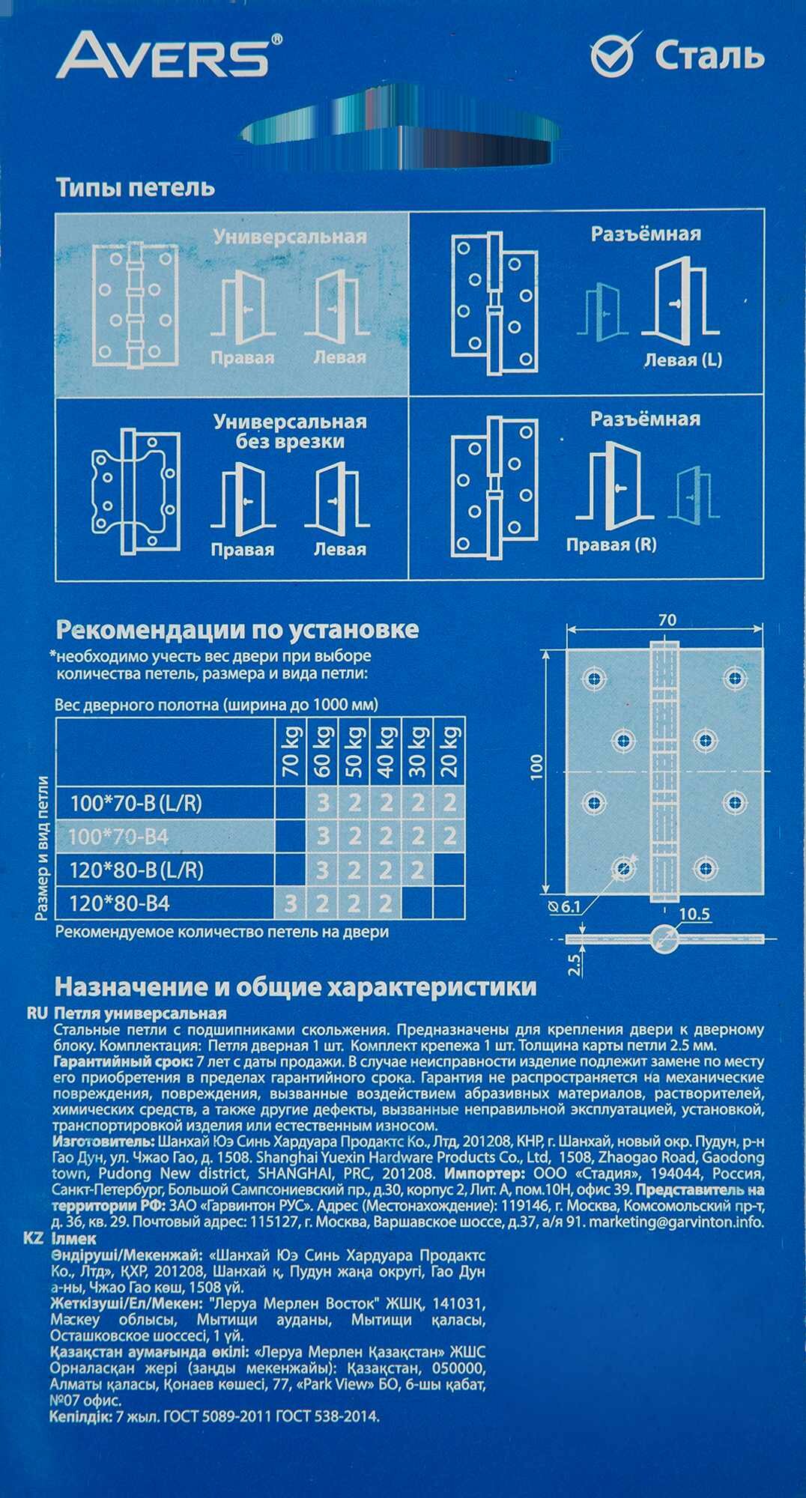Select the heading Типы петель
pos(136,187)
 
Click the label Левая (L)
pos(682,360)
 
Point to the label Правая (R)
pos(610,545)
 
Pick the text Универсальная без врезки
pos(290,431)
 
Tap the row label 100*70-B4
pos(118,837)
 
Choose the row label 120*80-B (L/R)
pos(136,870)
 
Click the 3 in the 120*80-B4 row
pos(291,903)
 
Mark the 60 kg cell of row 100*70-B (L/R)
pos(323,804)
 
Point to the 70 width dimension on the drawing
pos(667,620)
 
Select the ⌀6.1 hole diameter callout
pos(566,907)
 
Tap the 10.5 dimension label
pos(694,915)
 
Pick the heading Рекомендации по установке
pos(237,629)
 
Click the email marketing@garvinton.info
pos(677,1222)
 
